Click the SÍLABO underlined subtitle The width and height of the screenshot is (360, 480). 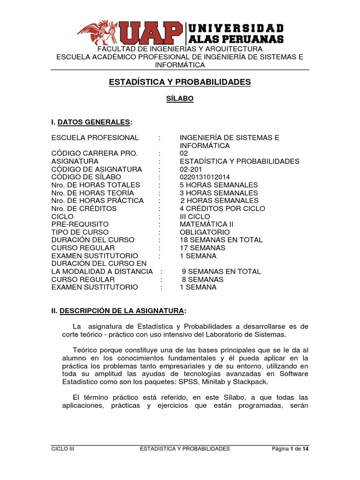click(180, 98)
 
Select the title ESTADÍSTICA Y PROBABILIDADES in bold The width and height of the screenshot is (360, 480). click(180, 82)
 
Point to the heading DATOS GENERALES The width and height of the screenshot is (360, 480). click(94, 122)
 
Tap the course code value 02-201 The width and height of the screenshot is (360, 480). click(191, 169)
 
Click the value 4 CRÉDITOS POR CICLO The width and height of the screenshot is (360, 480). click(222, 209)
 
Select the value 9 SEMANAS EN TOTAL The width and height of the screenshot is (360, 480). click(221, 271)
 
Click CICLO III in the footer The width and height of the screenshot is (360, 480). click(63, 449)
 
